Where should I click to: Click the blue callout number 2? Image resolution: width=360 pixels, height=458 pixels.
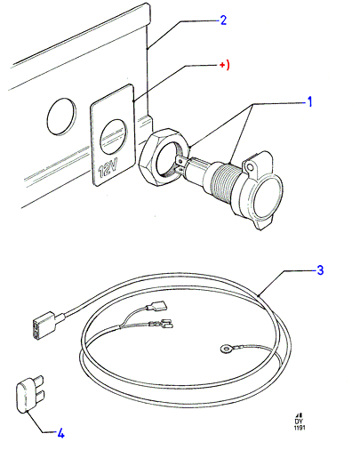click(223, 20)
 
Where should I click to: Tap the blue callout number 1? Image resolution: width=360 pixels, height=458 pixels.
click(309, 101)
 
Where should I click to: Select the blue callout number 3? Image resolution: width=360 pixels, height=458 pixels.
click(320, 270)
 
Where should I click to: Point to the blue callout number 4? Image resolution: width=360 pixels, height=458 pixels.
click(60, 434)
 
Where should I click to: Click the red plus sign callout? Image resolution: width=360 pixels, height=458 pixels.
click(224, 65)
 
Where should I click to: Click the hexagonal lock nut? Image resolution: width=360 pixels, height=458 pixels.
click(164, 157)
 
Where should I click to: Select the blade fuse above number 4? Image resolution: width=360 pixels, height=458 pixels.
click(29, 393)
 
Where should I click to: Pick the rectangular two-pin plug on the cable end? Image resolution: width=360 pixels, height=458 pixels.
click(44, 325)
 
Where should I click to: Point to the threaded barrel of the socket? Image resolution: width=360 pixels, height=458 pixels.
click(225, 184)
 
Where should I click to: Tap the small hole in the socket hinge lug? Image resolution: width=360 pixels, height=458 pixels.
click(250, 167)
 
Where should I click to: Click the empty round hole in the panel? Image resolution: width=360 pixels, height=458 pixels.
click(60, 117)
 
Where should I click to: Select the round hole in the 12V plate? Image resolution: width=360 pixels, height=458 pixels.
click(114, 137)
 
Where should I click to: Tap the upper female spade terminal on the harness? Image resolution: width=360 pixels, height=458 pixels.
click(159, 305)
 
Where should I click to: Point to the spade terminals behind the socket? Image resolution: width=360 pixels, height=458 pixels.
click(181, 164)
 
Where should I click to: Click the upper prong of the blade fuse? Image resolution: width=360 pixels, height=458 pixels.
click(39, 379)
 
